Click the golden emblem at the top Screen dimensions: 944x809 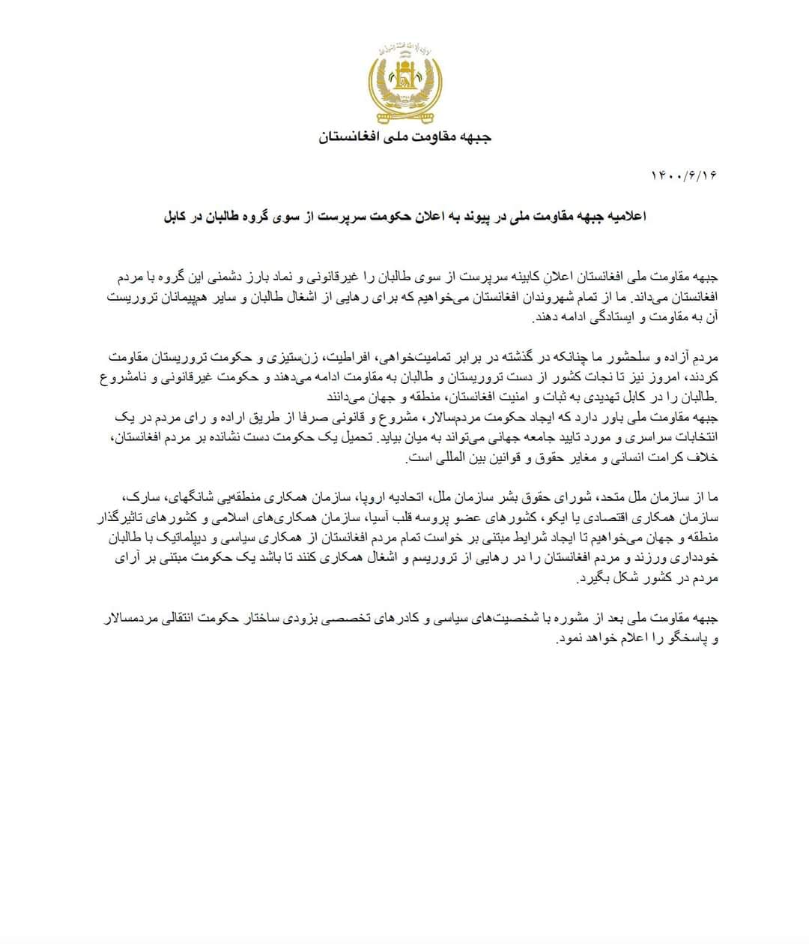pos(405,85)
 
